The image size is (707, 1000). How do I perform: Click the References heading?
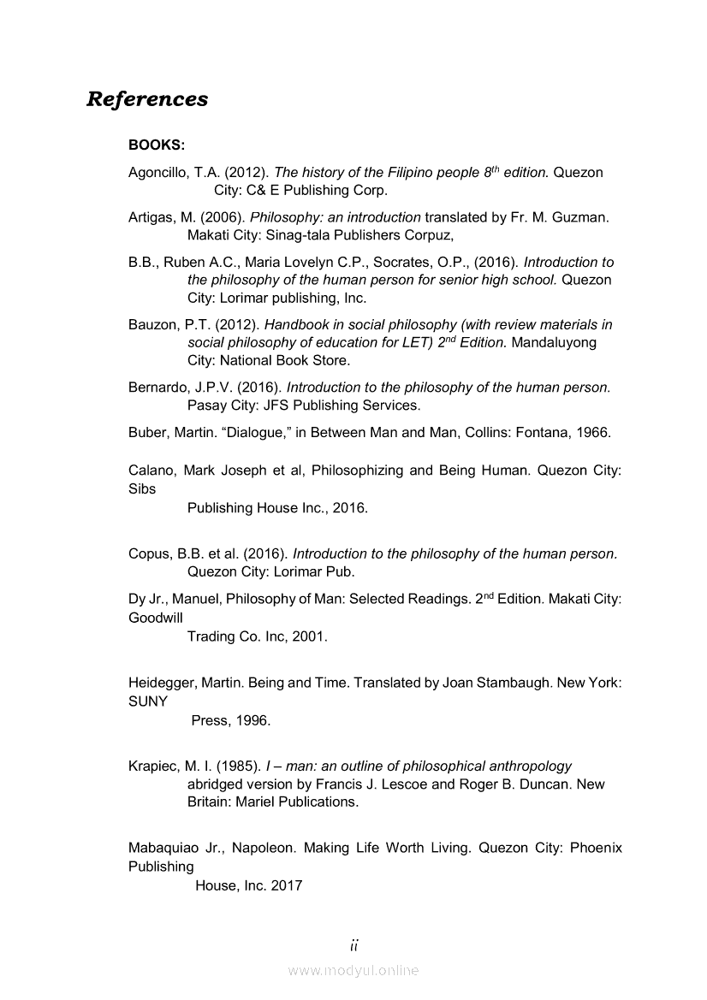point(147,99)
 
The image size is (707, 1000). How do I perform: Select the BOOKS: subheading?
point(157,145)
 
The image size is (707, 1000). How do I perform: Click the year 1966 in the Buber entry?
point(593,433)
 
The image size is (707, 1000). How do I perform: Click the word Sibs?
point(141,489)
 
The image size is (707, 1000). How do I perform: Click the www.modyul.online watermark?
point(353,970)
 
